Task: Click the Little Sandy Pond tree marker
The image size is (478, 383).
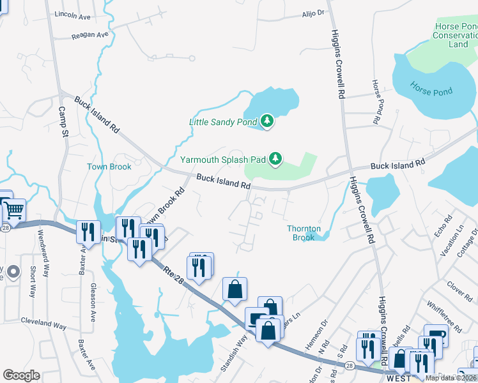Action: point(267,121)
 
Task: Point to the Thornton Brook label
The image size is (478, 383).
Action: point(304,233)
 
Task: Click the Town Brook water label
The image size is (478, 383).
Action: point(109,167)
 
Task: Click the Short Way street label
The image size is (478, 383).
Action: point(32,282)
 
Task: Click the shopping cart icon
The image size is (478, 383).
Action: point(14,209)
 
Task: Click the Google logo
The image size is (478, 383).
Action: point(22,375)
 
